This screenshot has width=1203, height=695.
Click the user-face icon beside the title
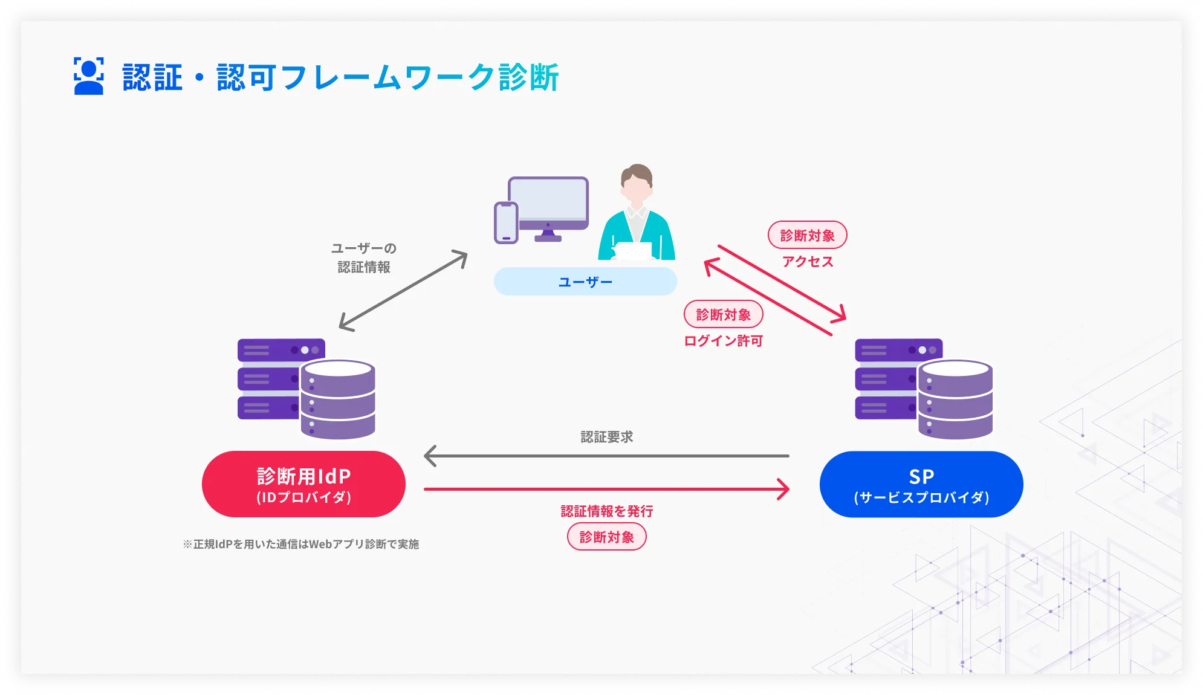pyautogui.click(x=88, y=76)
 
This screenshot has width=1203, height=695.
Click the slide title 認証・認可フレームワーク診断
pyautogui.click(x=340, y=77)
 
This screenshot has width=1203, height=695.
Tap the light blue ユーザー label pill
pyautogui.click(x=585, y=282)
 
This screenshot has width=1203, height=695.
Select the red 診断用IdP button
pyautogui.click(x=303, y=484)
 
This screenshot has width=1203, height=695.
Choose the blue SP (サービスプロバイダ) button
pyautogui.click(x=921, y=484)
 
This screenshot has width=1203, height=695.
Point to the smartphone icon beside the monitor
pyautogui.click(x=506, y=222)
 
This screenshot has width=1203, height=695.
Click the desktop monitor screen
pyautogui.click(x=548, y=199)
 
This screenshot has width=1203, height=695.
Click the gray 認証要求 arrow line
pyautogui.click(x=606, y=456)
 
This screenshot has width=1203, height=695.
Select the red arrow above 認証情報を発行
pyautogui.click(x=606, y=489)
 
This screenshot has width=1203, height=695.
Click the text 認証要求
pyautogui.click(x=606, y=437)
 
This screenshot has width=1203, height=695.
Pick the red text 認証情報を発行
pyautogui.click(x=606, y=511)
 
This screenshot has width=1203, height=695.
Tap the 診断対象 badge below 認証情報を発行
pyautogui.click(x=606, y=537)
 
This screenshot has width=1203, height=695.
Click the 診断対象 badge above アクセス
pyautogui.click(x=807, y=235)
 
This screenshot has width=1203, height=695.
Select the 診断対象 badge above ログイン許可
pyautogui.click(x=723, y=314)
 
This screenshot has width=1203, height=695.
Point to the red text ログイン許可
pyautogui.click(x=723, y=341)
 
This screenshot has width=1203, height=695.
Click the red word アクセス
pyautogui.click(x=807, y=262)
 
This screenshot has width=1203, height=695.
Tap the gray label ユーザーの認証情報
pyautogui.click(x=363, y=257)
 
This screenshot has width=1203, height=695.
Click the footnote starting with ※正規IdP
pyautogui.click(x=300, y=544)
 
